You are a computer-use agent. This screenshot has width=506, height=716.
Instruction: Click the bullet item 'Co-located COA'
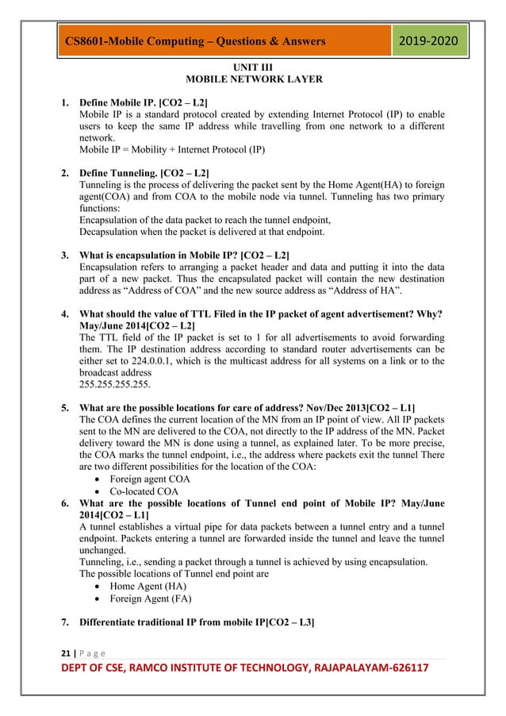pyautogui.click(x=144, y=491)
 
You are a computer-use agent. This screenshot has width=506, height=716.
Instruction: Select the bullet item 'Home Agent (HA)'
pyautogui.click(x=148, y=584)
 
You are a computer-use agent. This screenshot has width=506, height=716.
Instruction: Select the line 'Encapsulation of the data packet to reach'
pyautogui.click(x=210, y=219)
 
